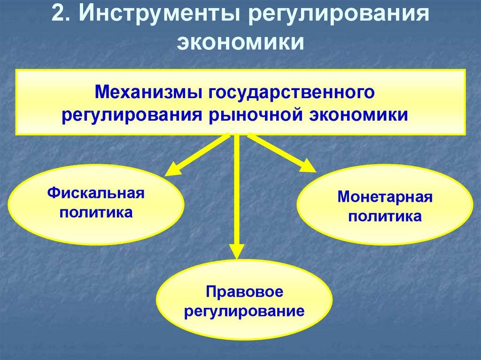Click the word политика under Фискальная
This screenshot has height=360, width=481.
(96, 213)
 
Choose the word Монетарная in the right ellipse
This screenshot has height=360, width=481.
(385, 197)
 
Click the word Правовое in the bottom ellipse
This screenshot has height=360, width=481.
(244, 291)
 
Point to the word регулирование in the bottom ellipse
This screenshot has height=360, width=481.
(244, 311)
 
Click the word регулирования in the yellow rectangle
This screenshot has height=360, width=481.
(131, 115)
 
